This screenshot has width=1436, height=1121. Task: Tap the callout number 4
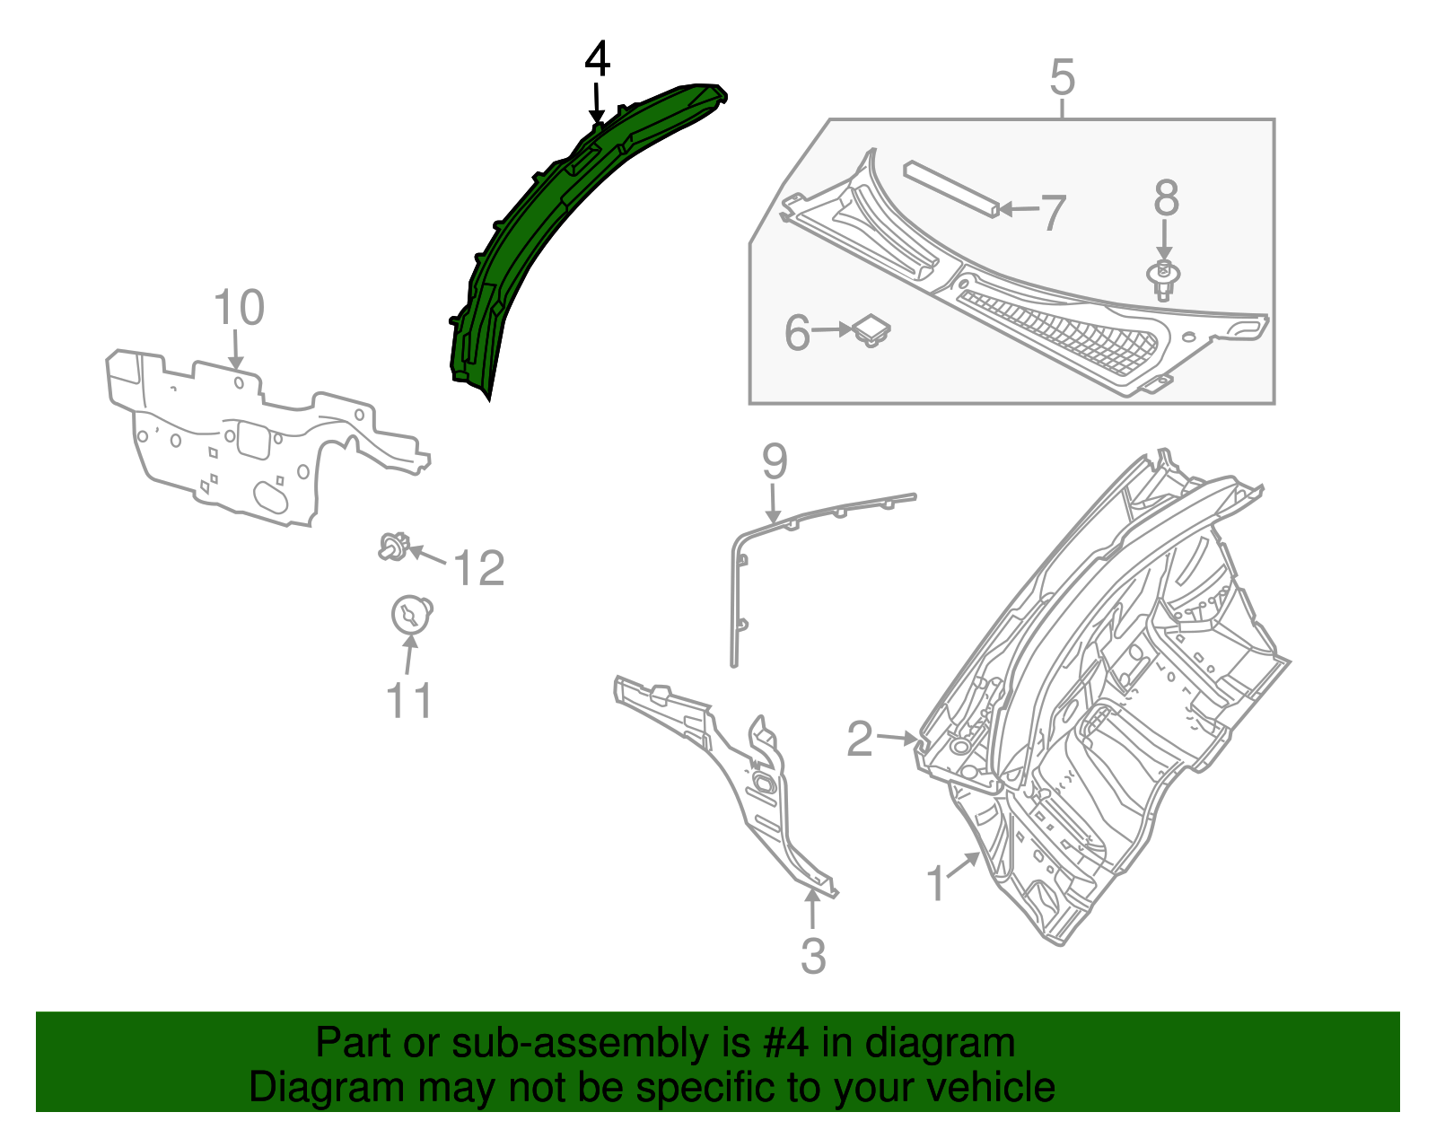tap(597, 60)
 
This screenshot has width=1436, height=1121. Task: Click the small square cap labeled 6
tap(871, 328)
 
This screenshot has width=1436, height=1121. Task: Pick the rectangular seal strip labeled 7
tap(950, 188)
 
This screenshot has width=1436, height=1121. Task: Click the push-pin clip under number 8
tap(1163, 279)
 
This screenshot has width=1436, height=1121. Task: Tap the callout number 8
tap(1166, 198)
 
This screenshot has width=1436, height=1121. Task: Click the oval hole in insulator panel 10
tap(270, 496)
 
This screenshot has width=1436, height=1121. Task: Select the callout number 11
tap(409, 700)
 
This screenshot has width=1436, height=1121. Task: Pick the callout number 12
tap(478, 568)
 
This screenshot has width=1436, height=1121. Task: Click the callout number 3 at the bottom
tap(812, 955)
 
